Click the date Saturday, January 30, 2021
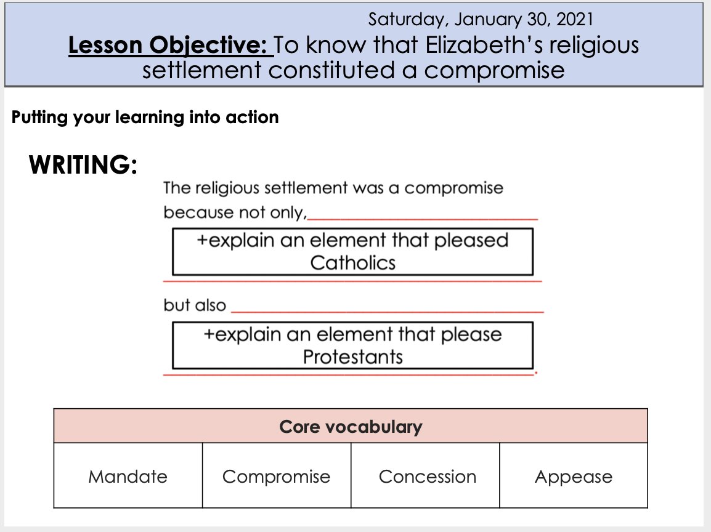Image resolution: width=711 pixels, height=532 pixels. pos(481,19)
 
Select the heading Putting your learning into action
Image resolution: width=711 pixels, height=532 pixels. pos(145,117)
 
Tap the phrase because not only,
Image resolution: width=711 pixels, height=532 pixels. pos(235,213)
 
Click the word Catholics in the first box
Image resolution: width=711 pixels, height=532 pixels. pos(352,263)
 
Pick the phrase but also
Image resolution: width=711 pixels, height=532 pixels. pos(195,305)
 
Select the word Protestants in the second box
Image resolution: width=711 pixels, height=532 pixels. pos(352,357)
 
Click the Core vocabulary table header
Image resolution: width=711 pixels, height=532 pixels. pos(351,427)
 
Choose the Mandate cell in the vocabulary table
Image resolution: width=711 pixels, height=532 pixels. pos(128,477)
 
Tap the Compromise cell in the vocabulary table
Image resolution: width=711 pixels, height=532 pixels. pos(276,477)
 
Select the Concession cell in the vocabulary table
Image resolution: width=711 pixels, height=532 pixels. pos(428,477)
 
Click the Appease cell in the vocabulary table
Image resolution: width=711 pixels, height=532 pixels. pos(574,477)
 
